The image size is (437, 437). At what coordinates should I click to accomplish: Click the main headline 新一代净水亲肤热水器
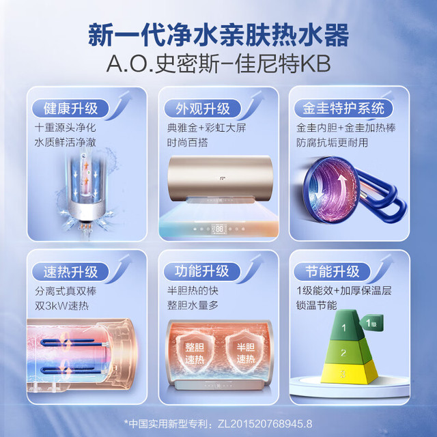coord(218,36)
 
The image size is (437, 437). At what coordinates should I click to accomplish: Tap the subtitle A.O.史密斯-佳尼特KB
coord(218,64)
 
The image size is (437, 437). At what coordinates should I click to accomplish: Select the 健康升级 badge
coord(70,109)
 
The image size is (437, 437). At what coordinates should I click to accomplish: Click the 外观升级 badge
coord(202,109)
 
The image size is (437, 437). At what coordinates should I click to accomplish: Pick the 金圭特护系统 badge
coord(343,109)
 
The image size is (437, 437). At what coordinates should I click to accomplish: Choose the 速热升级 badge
coord(70,272)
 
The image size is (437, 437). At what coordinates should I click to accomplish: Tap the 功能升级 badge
coord(202,271)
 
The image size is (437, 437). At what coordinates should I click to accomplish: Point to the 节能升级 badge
coord(333,271)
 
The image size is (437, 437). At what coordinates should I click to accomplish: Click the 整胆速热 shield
coord(195,353)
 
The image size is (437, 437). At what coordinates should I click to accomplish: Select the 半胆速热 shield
coord(246,352)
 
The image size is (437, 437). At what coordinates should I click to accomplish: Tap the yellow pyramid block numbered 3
coord(349,373)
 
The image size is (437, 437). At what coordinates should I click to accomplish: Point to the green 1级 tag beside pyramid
coord(371,323)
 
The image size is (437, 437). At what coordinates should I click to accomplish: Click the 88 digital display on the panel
coord(219,229)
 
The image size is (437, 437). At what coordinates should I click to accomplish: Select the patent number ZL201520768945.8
coord(265,424)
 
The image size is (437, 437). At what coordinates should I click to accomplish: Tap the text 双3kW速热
coord(61,306)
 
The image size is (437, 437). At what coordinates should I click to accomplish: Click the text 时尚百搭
coord(187,143)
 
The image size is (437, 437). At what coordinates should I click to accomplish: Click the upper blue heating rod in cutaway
coord(73,342)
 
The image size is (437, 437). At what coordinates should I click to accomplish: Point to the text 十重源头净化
coord(66,128)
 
